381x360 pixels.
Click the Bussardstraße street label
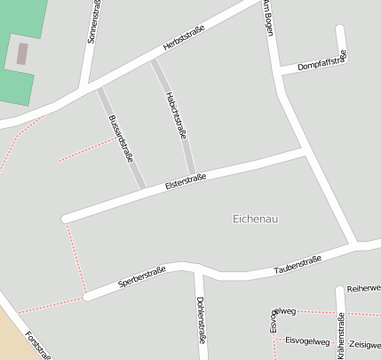(x=121, y=137)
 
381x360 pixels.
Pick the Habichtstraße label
(x=176, y=116)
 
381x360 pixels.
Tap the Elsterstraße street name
(x=186, y=181)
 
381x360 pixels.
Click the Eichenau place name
(x=255, y=219)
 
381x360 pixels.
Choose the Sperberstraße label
(x=142, y=278)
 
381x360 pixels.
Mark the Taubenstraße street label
(x=297, y=264)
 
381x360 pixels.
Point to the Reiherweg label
(x=363, y=288)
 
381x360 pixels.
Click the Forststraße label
(x=38, y=345)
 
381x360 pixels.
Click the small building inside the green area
(x=22, y=53)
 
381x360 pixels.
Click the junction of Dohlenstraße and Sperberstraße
(x=196, y=269)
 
